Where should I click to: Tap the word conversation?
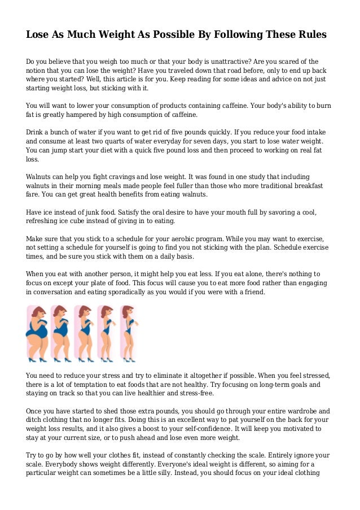click(55, 292)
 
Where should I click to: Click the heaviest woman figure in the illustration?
click(37, 333)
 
